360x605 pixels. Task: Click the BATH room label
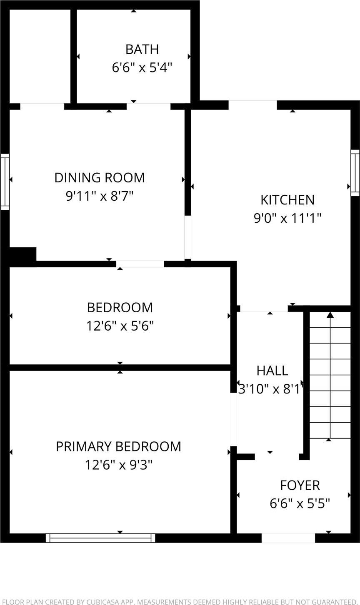[x=142, y=49]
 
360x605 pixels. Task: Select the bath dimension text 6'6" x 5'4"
[x=142, y=67]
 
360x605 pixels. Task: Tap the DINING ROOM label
[x=100, y=177]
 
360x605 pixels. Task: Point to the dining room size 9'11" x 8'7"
[x=100, y=196]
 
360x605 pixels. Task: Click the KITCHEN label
[x=287, y=200]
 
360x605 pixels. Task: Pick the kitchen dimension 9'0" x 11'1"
[x=287, y=218]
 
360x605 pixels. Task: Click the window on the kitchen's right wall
[x=355, y=172]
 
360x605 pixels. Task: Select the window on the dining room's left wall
[x=5, y=181]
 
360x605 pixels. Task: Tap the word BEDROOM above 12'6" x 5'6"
[x=120, y=307]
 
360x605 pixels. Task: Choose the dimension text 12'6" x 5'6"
[x=120, y=326]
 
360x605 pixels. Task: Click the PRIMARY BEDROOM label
[x=119, y=446]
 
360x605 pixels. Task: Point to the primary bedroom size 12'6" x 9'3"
[x=119, y=464]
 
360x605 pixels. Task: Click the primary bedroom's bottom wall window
[x=100, y=538]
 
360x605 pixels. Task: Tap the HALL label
[x=272, y=370]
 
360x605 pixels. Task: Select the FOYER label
[x=300, y=485]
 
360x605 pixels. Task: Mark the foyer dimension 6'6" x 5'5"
[x=300, y=503]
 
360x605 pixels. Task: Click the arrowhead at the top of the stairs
[x=330, y=314]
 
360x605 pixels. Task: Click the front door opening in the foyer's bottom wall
[x=288, y=538]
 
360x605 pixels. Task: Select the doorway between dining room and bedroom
[x=140, y=264]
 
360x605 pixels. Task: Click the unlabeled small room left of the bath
[x=40, y=56]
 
